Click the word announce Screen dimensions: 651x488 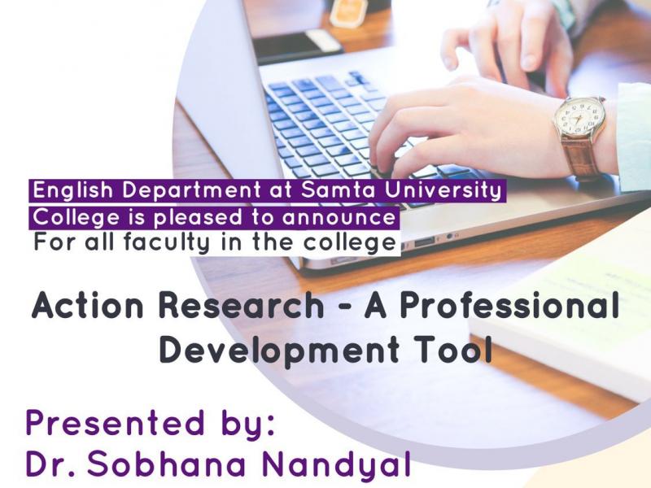[x=339, y=217]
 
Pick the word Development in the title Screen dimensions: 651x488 [x=279, y=351]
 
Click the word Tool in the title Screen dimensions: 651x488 [x=454, y=350]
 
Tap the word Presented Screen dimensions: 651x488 [x=115, y=422]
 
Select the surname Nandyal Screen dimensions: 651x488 [x=336, y=465]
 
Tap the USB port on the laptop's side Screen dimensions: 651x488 [x=424, y=241]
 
